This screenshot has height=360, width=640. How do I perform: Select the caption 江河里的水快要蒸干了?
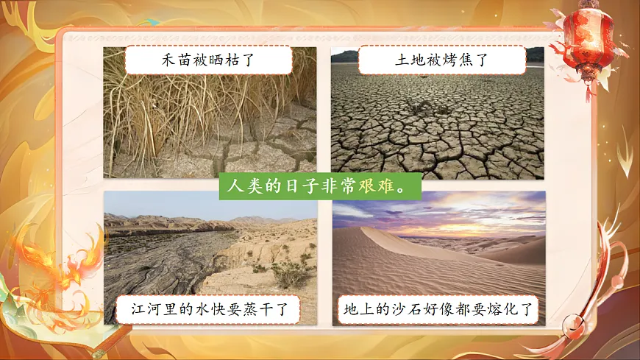[207, 309]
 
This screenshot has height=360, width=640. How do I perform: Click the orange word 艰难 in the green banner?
[375, 186]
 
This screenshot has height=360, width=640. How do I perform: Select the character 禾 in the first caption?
[168, 60]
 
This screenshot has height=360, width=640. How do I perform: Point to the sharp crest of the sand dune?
[375, 228]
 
